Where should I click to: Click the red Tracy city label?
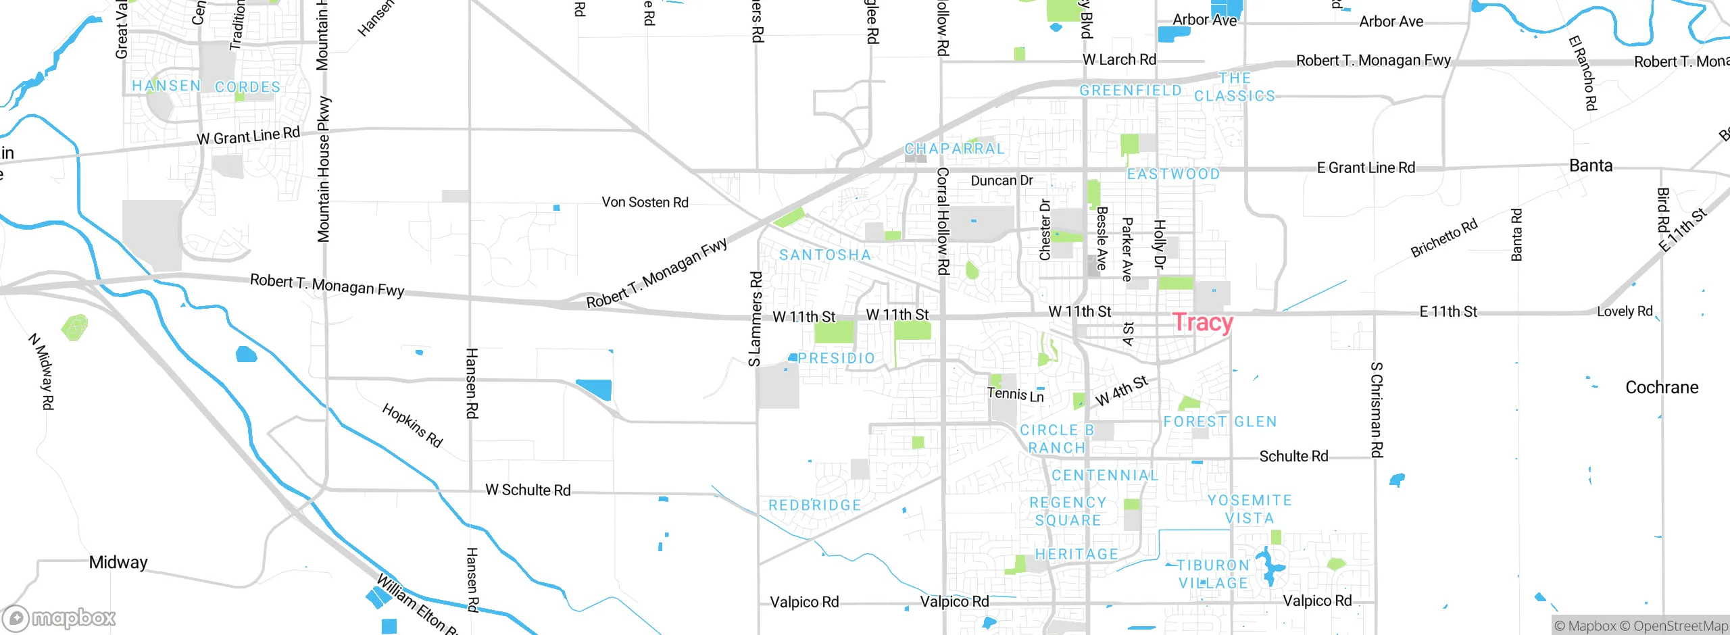pos(1202,322)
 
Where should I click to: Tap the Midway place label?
pos(118,562)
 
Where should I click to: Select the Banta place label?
pos(1590,166)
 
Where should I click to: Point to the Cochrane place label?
pos(1661,387)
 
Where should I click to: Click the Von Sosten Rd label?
pos(645,202)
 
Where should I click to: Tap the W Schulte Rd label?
pos(528,490)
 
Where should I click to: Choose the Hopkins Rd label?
pos(412,425)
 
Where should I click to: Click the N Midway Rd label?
pos(41,371)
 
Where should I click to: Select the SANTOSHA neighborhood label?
pos(824,255)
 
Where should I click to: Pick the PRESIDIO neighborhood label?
pos(836,358)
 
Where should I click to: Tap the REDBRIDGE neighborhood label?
pos(814,505)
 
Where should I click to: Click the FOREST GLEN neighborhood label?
pos(1220,422)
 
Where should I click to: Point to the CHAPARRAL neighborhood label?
pos(954,149)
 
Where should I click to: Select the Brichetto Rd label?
pos(1443,238)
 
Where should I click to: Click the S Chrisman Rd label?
pos(1377,409)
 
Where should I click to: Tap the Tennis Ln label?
pos(1015,394)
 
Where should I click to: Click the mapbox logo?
pos(59,617)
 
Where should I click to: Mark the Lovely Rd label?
pos(1624,311)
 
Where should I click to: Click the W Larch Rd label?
pos(1118,59)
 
